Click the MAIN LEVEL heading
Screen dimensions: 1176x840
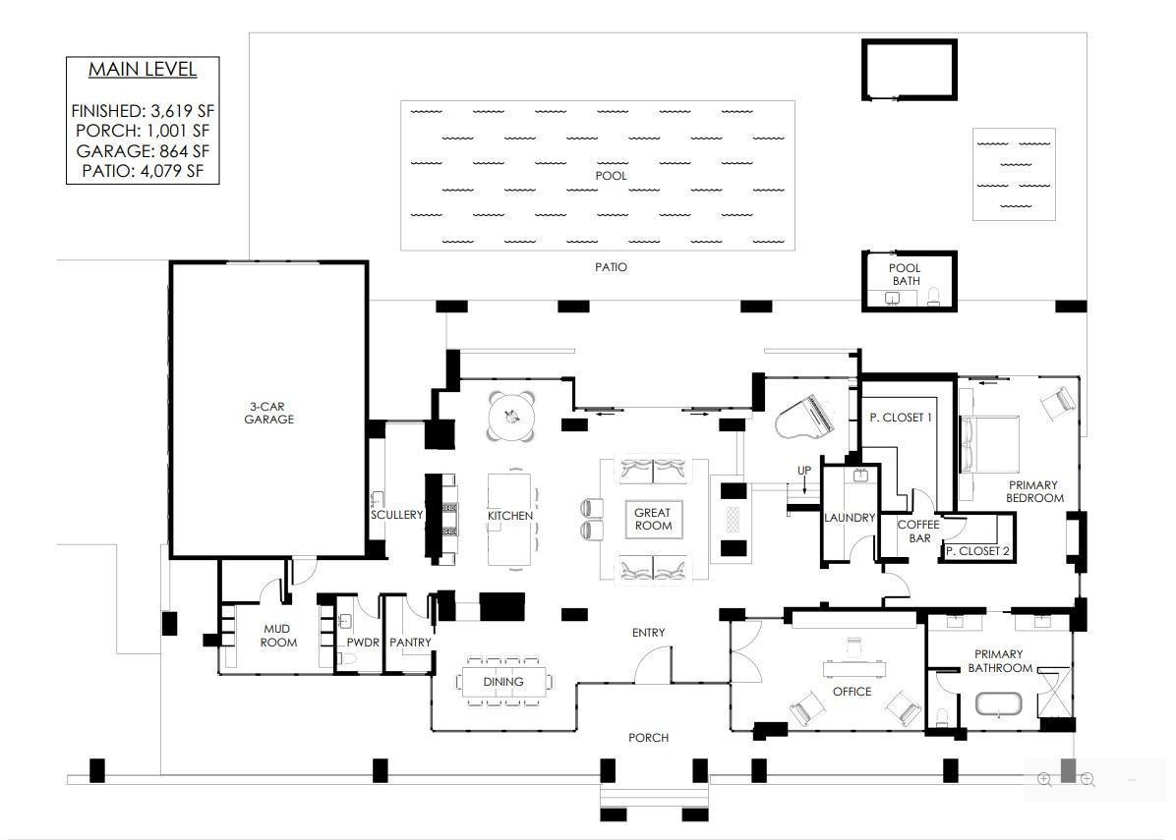[143, 70]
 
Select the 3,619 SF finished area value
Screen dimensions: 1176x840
[182, 111]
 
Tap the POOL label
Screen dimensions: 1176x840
[611, 175]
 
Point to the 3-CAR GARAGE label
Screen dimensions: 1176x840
[268, 413]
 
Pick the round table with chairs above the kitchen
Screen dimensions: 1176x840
[511, 417]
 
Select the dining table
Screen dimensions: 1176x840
[503, 682]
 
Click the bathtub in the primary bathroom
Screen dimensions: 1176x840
[998, 705]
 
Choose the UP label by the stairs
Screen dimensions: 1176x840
[804, 471]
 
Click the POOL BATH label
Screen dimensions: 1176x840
[905, 274]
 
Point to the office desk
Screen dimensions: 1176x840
[855, 668]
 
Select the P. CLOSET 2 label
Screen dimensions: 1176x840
[977, 551]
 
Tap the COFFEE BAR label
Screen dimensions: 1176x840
[918, 532]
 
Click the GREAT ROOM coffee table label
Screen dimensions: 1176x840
[653, 520]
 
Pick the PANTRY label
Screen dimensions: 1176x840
[410, 643]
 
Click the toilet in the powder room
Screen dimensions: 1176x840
[347, 659]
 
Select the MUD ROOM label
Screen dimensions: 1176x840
[278, 636]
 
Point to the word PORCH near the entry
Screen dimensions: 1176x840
[648, 738]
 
